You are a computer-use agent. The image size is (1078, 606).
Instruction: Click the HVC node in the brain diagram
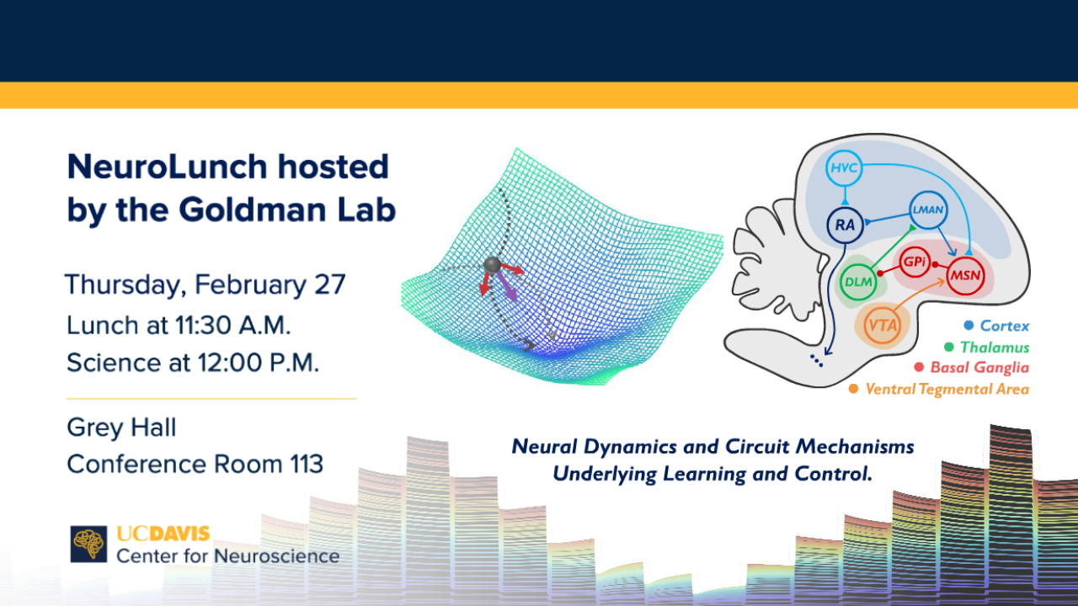coord(844,167)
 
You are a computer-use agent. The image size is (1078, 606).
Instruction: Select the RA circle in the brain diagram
coord(845,225)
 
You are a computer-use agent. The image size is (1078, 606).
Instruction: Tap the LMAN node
coord(928,210)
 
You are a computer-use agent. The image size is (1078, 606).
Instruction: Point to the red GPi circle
coord(915,262)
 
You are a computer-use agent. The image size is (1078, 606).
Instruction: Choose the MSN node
coord(965,275)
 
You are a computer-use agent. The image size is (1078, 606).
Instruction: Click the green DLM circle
coord(859,282)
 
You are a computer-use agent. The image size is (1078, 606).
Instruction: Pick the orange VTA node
coord(883,326)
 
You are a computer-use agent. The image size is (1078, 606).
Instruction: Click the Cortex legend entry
coord(996,326)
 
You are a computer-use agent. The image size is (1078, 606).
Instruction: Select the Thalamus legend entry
coord(987,348)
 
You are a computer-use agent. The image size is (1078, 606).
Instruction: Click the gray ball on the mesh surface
coord(493,264)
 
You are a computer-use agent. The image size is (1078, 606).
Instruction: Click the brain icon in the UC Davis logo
coord(88,544)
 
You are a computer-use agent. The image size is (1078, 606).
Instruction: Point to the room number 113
coord(307,464)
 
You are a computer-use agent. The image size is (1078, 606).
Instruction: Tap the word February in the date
coord(250,284)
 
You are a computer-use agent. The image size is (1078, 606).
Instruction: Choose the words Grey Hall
coord(122,427)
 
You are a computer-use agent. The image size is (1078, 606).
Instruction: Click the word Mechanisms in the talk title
coord(854,447)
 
